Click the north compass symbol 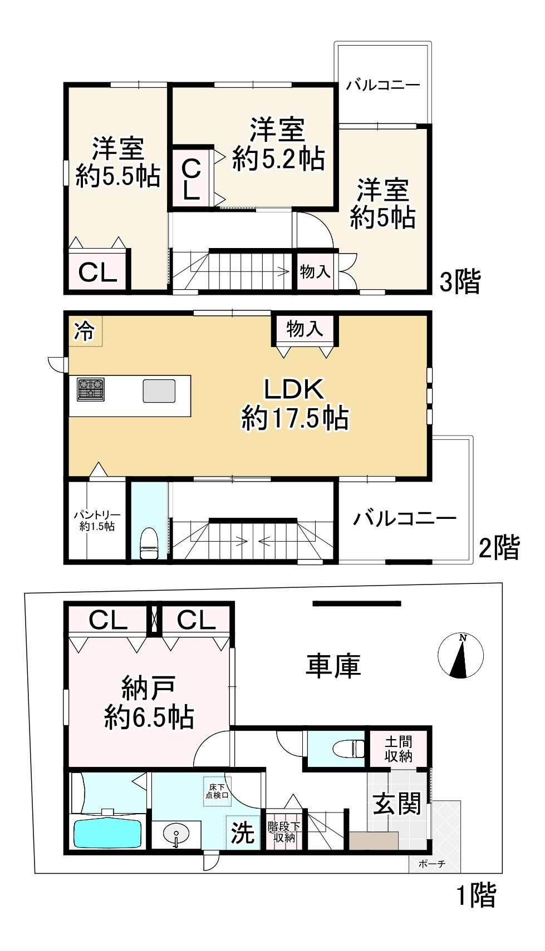click(460, 656)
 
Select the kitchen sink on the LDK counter click(159, 390)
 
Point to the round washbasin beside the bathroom click(176, 835)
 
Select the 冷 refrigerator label click(85, 331)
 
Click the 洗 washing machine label click(243, 832)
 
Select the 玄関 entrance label click(397, 804)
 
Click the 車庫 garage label click(333, 665)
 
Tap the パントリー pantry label click(97, 521)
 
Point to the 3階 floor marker click(460, 283)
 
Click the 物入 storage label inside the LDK click(305, 329)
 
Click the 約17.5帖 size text click(295, 418)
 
